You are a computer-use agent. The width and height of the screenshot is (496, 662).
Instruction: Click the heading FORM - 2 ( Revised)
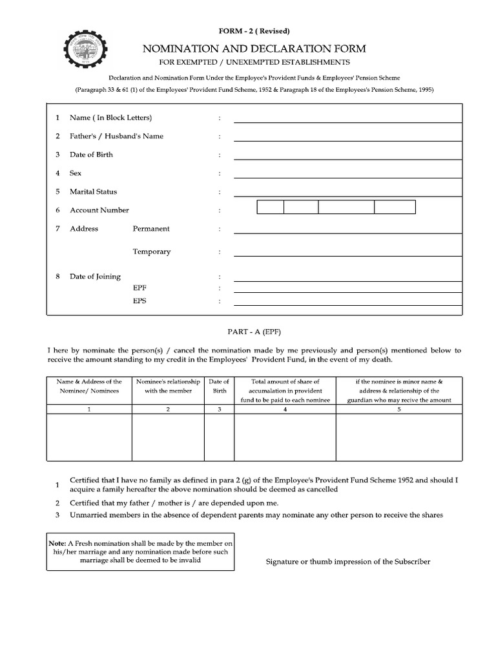pyautogui.click(x=254, y=31)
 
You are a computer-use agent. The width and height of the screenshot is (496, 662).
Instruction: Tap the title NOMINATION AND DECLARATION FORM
pyautogui.click(x=254, y=48)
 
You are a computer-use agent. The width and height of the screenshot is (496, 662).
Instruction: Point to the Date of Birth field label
pyautogui.click(x=91, y=155)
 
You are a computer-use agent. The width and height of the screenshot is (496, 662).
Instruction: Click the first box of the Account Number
pyautogui.click(x=270, y=207)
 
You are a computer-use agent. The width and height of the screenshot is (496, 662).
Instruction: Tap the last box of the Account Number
pyautogui.click(x=395, y=207)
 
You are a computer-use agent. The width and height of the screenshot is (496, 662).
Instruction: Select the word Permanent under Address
pyautogui.click(x=151, y=228)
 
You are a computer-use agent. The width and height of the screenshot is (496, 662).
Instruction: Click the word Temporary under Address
pyautogui.click(x=152, y=251)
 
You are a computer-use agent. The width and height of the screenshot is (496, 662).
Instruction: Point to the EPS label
pyautogui.click(x=139, y=301)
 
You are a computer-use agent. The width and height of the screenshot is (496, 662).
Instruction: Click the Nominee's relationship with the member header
pyautogui.click(x=168, y=386)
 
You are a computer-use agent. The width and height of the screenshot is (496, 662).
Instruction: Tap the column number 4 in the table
pyautogui.click(x=285, y=409)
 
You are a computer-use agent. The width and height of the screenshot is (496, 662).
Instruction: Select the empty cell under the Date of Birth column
pyautogui.click(x=220, y=437)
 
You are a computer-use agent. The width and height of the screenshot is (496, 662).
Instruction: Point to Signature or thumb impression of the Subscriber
pyautogui.click(x=348, y=562)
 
